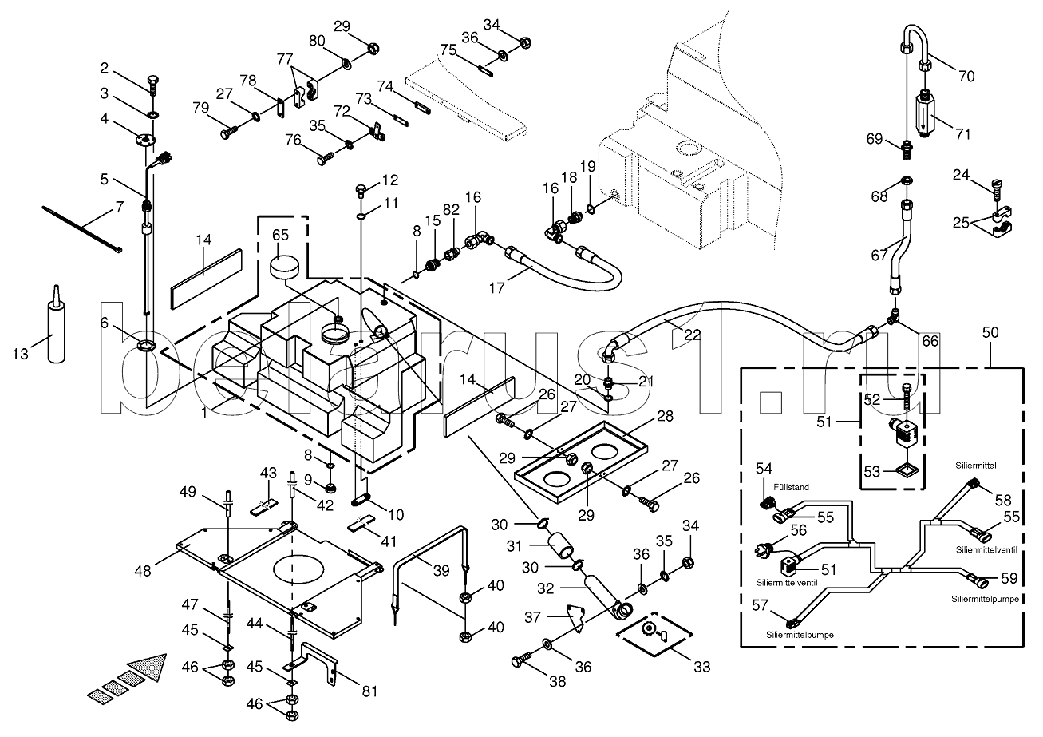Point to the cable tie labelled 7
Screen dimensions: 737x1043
coord(80,228)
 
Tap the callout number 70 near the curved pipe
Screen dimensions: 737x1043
coord(966,77)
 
